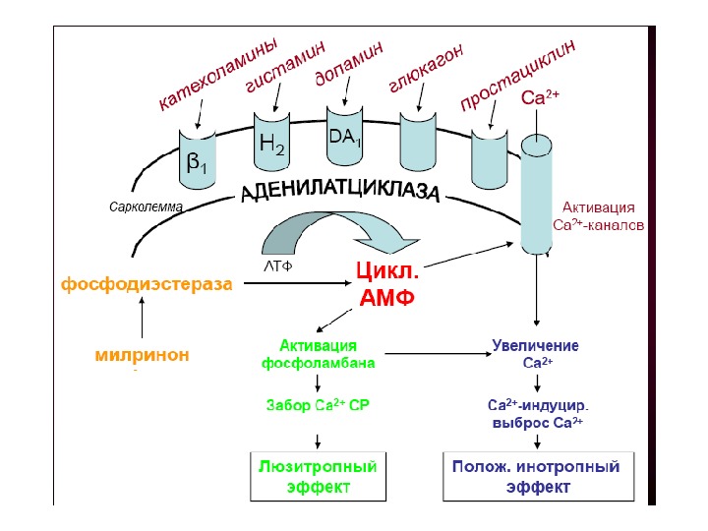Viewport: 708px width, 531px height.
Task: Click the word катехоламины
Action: (x=218, y=75)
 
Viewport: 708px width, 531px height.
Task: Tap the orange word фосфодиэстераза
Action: (x=147, y=285)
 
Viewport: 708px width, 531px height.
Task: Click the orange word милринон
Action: (x=143, y=354)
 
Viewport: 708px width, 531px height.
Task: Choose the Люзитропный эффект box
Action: (x=310, y=476)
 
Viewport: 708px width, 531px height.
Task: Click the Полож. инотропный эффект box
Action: (x=536, y=476)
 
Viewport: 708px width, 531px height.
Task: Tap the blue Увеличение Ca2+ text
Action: (x=536, y=354)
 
